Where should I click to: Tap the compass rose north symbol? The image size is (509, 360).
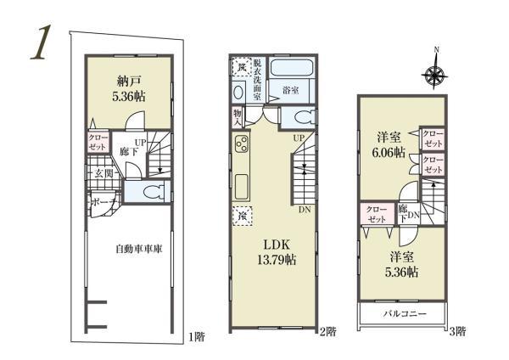click(x=435, y=76)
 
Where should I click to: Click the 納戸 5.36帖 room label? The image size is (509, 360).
click(x=131, y=89)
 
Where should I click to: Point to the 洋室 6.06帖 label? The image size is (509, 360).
click(x=390, y=144)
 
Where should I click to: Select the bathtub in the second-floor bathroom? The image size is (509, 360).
click(x=297, y=68)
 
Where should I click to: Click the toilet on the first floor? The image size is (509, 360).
click(x=151, y=193)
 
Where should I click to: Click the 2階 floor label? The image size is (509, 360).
click(x=328, y=330)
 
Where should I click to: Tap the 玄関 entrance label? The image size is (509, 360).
click(x=104, y=175)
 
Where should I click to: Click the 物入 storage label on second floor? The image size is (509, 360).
click(x=238, y=118)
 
